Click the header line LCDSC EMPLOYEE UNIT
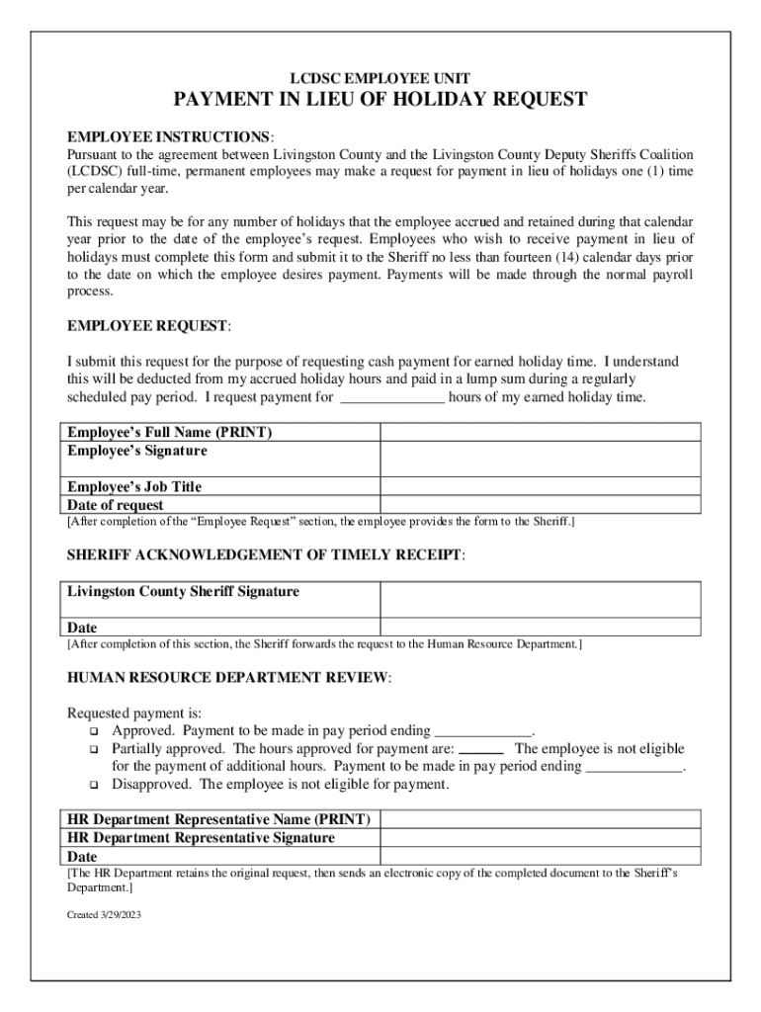(380, 78)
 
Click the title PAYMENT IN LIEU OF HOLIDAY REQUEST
(380, 100)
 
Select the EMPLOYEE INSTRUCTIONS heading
(169, 135)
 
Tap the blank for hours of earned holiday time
(392, 398)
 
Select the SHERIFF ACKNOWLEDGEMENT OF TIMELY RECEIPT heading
(264, 556)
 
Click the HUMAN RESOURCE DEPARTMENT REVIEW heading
(228, 679)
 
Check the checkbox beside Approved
(94, 732)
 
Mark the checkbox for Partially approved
(94, 750)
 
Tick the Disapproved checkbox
(94, 786)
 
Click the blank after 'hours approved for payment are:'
(482, 750)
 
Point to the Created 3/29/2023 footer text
(104, 915)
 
